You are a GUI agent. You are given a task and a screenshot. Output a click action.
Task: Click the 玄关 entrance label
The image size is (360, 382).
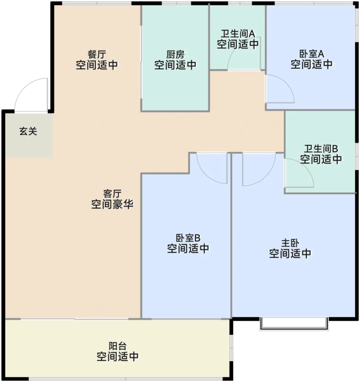[x=28, y=132]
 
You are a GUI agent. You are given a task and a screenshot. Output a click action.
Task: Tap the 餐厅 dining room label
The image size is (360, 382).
[x=97, y=54]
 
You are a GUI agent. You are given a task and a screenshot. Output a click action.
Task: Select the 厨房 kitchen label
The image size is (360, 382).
[x=175, y=55]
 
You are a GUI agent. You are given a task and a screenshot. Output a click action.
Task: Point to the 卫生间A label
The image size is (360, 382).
[x=238, y=34]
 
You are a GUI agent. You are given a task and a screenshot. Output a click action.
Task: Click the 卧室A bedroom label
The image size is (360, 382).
[x=311, y=54]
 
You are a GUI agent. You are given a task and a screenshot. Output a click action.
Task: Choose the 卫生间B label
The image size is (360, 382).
[x=321, y=149]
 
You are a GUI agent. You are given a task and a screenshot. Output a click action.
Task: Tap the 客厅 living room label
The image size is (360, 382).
[x=112, y=194]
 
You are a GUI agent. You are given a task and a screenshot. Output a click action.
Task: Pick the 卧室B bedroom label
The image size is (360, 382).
[x=188, y=238]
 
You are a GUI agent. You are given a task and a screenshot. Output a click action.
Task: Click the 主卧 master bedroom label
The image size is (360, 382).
[x=290, y=243]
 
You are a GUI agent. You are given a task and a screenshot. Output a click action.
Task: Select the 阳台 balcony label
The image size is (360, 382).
[x=118, y=346]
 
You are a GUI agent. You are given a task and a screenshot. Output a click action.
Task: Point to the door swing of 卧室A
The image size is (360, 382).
[x=280, y=89]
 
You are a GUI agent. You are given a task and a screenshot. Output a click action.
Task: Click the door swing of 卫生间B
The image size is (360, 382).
[x=299, y=173]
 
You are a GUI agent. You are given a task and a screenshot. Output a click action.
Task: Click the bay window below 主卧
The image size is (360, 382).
[x=294, y=324]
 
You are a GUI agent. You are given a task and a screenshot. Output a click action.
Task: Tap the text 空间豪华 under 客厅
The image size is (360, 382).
[x=112, y=204]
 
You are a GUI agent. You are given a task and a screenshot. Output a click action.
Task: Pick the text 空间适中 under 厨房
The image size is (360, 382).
[x=175, y=65]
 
